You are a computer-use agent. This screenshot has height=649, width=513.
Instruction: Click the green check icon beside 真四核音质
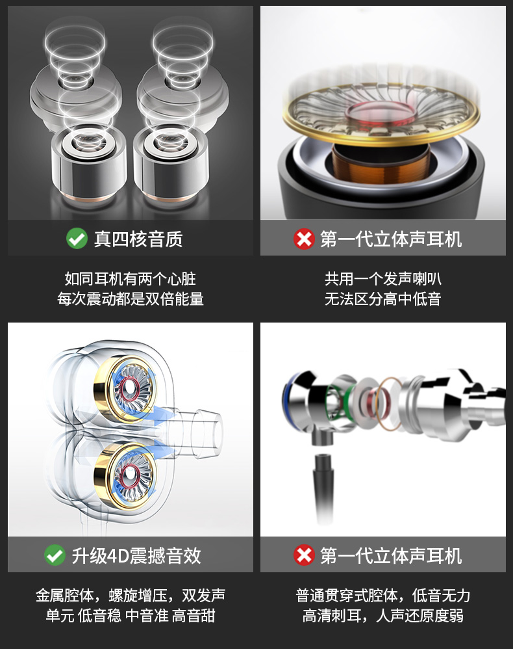(77, 239)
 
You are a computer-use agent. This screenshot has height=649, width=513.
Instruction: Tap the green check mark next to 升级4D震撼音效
(55, 555)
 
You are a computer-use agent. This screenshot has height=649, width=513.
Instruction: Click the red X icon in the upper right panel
(305, 239)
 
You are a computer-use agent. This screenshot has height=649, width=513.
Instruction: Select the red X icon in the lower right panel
(305, 555)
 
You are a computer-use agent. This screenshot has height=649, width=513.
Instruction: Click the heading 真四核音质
(138, 239)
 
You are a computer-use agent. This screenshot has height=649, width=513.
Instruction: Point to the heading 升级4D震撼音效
(136, 555)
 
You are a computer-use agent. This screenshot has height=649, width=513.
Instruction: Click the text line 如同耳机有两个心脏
(131, 278)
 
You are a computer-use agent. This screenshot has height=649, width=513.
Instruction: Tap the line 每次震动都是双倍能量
(131, 298)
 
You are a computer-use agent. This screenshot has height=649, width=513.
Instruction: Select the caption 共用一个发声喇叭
(382, 278)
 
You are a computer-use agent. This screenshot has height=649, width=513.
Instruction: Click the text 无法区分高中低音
(382, 298)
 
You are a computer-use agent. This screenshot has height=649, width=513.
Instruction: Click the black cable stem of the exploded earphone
(324, 488)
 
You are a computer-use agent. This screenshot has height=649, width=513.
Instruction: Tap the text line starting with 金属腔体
(131, 595)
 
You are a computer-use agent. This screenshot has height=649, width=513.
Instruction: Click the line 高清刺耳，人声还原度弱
(382, 615)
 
